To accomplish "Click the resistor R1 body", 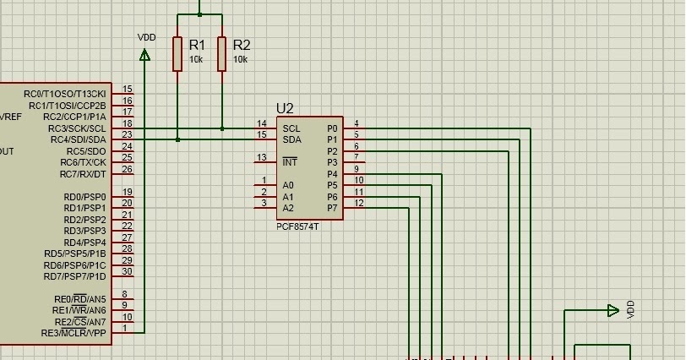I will tap(177, 53).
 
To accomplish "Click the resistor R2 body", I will tap(221, 53).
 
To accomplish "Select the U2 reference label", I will tap(285, 108).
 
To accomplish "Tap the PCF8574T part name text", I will tap(297, 227).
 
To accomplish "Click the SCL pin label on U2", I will tap(291, 128).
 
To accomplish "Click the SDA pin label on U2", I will tap(291, 139).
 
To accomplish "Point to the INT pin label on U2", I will tap(290, 161).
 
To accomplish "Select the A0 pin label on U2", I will tap(288, 185).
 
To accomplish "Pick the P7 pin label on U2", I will tap(332, 208).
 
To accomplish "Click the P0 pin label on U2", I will tap(332, 128).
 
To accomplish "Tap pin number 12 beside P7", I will tap(359, 203).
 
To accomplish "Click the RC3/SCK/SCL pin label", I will tap(78, 128).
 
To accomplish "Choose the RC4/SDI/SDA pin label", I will tap(78, 139).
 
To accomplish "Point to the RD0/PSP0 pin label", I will tap(84, 197).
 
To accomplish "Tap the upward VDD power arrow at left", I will tap(144, 56).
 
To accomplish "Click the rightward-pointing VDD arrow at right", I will tap(613, 311).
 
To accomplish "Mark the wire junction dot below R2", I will tap(221, 128).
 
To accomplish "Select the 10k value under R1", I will tap(195, 60).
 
